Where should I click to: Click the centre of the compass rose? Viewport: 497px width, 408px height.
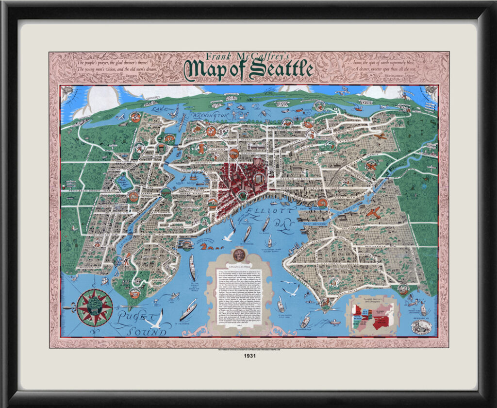click(x=95, y=306)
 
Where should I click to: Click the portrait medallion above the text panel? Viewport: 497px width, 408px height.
click(x=238, y=254)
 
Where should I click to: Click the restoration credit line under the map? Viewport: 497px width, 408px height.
click(x=248, y=349)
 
